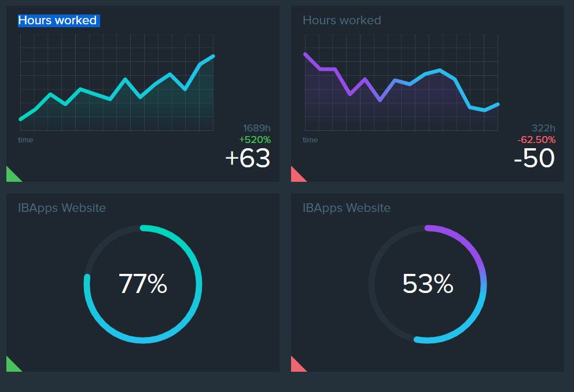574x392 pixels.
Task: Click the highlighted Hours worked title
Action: coord(58,21)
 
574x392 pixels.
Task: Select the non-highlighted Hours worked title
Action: coord(342,21)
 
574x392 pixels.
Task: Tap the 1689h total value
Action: coord(257,129)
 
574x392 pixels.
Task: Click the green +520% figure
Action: coord(255,140)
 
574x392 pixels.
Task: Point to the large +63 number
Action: coord(248,158)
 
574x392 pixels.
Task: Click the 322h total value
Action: coord(543,129)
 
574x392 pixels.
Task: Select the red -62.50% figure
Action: coord(536,140)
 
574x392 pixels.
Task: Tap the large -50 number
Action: coord(534,158)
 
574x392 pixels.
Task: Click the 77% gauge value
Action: coord(143,284)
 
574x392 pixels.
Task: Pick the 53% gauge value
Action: coord(428,284)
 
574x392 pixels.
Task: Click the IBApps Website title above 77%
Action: coord(62,208)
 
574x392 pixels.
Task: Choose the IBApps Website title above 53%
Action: coord(347,208)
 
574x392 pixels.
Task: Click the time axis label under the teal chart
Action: coord(25,140)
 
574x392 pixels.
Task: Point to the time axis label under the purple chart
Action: coord(310,140)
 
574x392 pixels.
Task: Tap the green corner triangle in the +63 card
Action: coord(11,176)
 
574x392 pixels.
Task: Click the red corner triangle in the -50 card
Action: coord(296,176)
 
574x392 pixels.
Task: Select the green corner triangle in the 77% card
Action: coord(11,366)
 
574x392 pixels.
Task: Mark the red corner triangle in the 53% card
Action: coord(296,366)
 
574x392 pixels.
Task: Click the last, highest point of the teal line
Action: coord(214,56)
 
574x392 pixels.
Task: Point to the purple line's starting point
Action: coord(305,54)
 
